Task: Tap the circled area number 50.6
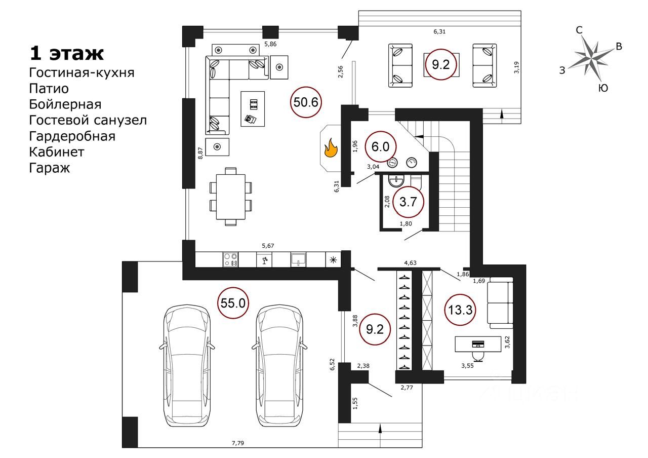click(306, 102)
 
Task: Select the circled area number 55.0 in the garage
click(233, 303)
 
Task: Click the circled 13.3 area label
click(460, 310)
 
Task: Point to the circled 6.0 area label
click(380, 146)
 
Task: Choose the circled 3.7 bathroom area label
click(408, 202)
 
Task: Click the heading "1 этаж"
click(66, 53)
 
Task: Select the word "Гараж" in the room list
click(50, 168)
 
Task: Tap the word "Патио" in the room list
click(49, 88)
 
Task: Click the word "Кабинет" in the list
click(57, 151)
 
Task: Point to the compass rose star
click(591, 59)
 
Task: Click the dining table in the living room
click(230, 197)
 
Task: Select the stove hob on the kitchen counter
click(230, 259)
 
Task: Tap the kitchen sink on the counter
click(298, 259)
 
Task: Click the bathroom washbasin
click(396, 181)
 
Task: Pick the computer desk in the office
click(478, 344)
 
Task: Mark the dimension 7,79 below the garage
click(238, 443)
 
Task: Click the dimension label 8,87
click(200, 153)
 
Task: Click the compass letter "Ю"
click(603, 88)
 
